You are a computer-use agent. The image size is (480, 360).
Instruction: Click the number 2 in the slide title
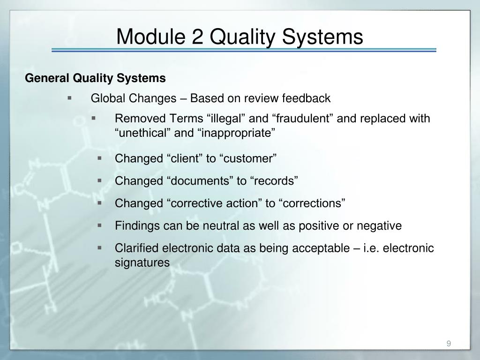coord(198,37)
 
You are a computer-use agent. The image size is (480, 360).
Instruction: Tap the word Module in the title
coord(150,37)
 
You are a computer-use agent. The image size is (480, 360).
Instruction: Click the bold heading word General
coord(47,78)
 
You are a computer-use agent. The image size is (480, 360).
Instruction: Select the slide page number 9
coord(449,344)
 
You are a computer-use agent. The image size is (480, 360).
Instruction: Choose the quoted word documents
coord(200,181)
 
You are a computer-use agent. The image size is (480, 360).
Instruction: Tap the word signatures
coord(142,262)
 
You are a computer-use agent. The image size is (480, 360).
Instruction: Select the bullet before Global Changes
coord(69,98)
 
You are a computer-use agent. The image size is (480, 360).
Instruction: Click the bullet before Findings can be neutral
coord(99,225)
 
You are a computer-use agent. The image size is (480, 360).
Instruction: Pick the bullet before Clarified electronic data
coord(99,247)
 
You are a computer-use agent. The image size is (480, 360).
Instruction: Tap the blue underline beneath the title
coord(244,50)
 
